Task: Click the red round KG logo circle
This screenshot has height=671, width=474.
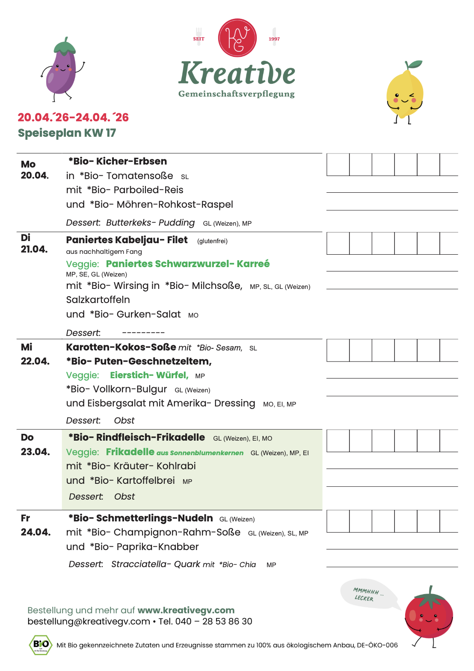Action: (x=237, y=38)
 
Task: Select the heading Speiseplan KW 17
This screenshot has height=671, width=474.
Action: (x=67, y=133)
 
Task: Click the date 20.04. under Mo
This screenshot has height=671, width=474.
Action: (x=35, y=175)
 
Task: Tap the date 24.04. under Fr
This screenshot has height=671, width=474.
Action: (x=36, y=532)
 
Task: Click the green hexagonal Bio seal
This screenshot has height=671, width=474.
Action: (x=41, y=645)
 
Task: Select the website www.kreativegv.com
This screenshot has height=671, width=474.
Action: (x=186, y=610)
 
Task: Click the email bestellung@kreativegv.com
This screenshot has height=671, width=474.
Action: (x=89, y=621)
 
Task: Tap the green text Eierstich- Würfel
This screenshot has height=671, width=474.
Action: (x=149, y=375)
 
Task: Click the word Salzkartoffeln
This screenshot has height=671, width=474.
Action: (x=98, y=300)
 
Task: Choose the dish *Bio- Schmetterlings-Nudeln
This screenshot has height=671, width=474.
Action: (x=141, y=518)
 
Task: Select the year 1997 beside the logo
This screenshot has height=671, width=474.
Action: (x=274, y=39)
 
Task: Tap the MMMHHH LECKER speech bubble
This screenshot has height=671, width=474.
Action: (x=367, y=594)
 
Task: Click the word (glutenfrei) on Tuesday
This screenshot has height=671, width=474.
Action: (x=212, y=241)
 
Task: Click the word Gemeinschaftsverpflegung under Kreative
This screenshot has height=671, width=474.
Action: (x=237, y=94)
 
